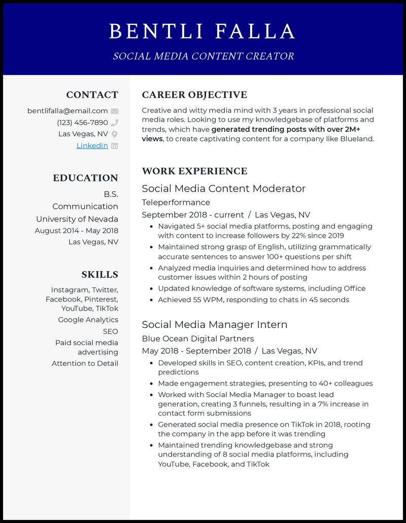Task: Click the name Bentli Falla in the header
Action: point(202,31)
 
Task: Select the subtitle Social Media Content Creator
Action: point(203,56)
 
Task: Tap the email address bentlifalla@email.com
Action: point(67,111)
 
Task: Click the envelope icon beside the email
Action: point(115,111)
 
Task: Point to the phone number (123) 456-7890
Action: point(82,123)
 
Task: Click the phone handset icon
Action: point(115,123)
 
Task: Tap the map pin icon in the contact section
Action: point(115,134)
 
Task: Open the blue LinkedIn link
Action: point(92,146)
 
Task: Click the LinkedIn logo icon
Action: point(115,146)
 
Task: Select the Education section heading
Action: point(85,178)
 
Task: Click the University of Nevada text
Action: point(77,219)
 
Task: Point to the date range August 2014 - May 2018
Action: point(76,231)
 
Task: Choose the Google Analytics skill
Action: point(88,320)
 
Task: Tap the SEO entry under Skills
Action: point(110,331)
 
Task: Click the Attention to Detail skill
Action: point(85,363)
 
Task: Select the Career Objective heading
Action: point(194,95)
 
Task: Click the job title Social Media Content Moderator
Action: point(223,189)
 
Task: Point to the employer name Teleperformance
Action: point(176,202)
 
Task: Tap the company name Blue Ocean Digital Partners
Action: point(197,339)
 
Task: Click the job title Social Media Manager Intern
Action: point(215,325)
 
